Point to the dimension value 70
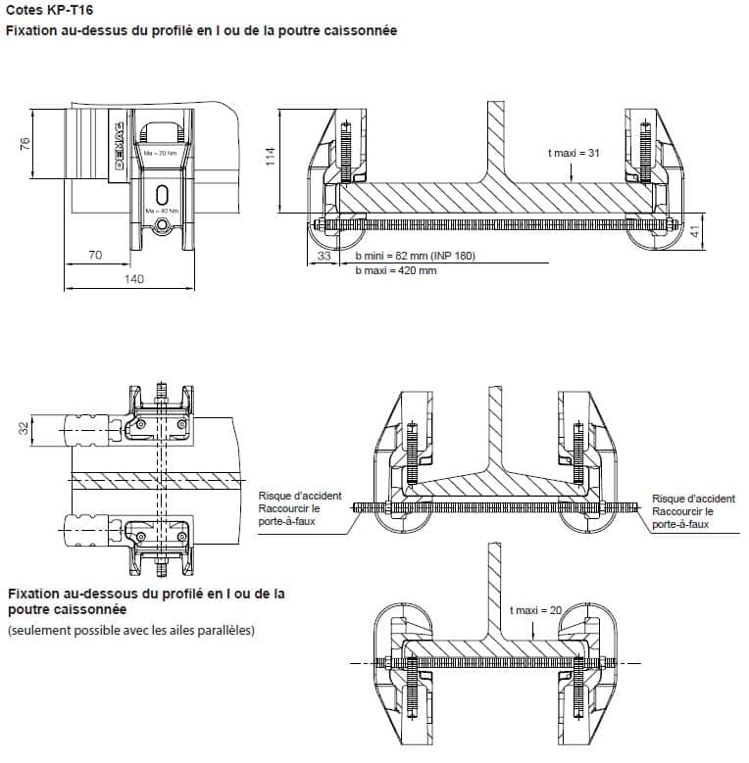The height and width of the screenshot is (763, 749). click(95, 255)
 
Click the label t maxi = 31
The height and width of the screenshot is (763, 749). click(574, 153)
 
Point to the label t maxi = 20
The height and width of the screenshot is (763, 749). click(536, 610)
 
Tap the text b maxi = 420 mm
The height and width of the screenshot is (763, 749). click(396, 270)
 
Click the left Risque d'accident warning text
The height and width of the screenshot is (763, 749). click(300, 509)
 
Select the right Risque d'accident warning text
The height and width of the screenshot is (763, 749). click(693, 511)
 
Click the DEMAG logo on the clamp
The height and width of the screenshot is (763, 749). click(118, 147)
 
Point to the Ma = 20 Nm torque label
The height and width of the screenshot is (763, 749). click(161, 154)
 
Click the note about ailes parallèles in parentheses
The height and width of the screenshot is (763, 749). click(131, 630)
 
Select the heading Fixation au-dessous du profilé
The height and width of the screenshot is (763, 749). click(146, 600)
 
